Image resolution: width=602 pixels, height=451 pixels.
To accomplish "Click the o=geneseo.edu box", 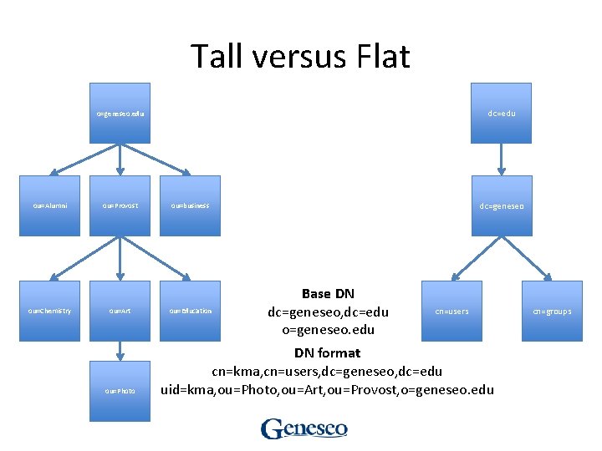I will pyautogui.click(x=120, y=113).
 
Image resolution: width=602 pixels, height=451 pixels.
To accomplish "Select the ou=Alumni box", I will pyautogui.click(x=50, y=205).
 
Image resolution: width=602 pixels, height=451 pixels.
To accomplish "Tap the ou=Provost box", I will pyautogui.click(x=120, y=205).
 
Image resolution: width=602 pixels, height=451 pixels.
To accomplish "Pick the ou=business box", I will pyautogui.click(x=191, y=205).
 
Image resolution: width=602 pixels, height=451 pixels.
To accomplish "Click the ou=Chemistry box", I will pyautogui.click(x=50, y=311).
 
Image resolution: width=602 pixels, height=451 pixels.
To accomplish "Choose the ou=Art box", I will pyautogui.click(x=120, y=311).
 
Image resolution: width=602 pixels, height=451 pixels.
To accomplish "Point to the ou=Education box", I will pyautogui.click(x=191, y=311).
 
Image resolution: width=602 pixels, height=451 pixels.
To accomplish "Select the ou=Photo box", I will pyautogui.click(x=120, y=390).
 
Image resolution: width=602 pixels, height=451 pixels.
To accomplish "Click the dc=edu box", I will pyautogui.click(x=501, y=113).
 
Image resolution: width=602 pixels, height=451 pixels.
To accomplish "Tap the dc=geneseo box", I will pyautogui.click(x=501, y=205).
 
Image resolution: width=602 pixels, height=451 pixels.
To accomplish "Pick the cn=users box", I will pyautogui.click(x=451, y=311).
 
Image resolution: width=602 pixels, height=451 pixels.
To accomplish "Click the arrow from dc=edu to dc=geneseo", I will pyautogui.click(x=501, y=159).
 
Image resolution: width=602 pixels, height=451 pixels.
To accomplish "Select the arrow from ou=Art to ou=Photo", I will pyautogui.click(x=120, y=351).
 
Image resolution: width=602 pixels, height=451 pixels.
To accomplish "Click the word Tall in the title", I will pyautogui.click(x=216, y=57).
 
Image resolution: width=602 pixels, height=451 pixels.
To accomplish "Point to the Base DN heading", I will pyautogui.click(x=328, y=294).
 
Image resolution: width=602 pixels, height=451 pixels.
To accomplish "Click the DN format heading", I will pyautogui.click(x=327, y=353).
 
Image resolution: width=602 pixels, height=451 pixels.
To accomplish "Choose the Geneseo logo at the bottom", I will pyautogui.click(x=304, y=428).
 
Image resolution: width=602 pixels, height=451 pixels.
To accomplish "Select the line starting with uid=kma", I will pyautogui.click(x=327, y=390).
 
